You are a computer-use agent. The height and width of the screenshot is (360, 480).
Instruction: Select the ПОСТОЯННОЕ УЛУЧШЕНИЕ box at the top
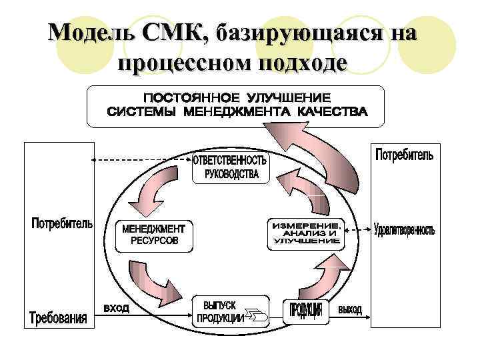[236, 105]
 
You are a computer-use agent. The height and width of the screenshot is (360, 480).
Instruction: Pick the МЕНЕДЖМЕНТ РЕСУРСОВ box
[153, 235]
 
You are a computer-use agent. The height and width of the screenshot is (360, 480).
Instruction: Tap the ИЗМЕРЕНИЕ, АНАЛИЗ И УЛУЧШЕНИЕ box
[307, 234]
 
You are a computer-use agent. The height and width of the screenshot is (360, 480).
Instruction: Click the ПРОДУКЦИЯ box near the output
[307, 310]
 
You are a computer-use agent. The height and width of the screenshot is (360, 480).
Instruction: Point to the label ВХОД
[116, 308]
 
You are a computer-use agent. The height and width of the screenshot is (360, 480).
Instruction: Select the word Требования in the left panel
[58, 317]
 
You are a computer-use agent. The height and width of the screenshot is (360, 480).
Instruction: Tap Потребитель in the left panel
[61, 223]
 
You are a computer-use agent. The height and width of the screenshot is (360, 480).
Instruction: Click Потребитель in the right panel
[404, 155]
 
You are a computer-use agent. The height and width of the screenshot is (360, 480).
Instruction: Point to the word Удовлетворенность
[404, 231]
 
